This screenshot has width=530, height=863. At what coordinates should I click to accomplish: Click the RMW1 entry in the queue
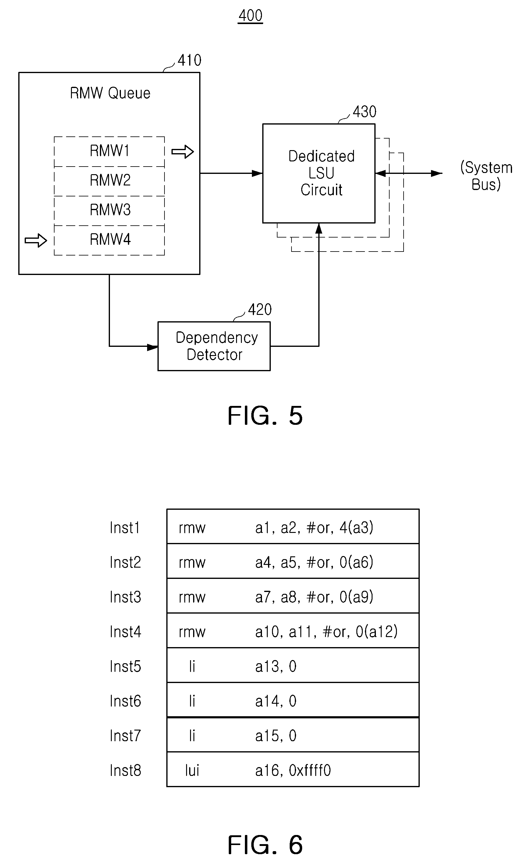click(x=109, y=151)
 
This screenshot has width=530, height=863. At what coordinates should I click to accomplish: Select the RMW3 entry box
click(x=109, y=211)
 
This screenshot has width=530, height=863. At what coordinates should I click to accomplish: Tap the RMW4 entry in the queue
click(x=109, y=240)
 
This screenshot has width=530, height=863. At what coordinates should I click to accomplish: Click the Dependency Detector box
click(x=214, y=346)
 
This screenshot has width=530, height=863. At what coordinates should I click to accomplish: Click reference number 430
click(x=365, y=112)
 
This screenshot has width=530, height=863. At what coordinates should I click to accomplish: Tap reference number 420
click(x=260, y=310)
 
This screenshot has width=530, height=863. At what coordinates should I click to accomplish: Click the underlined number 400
click(x=250, y=16)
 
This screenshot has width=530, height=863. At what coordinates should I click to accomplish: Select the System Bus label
click(x=486, y=176)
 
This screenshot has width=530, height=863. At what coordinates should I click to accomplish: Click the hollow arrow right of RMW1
click(x=182, y=152)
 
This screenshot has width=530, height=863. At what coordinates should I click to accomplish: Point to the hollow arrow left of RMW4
click(x=36, y=240)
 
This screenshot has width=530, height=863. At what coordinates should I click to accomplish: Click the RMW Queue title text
click(x=110, y=93)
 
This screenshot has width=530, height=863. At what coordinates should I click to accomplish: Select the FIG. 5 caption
click(x=265, y=416)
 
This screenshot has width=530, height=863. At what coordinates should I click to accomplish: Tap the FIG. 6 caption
click(x=265, y=844)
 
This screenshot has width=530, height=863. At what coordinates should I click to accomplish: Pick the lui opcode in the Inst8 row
click(x=192, y=770)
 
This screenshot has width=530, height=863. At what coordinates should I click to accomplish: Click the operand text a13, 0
click(x=276, y=666)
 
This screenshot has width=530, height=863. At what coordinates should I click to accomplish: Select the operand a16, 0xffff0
click(x=293, y=770)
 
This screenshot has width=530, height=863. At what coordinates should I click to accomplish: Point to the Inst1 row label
click(x=125, y=528)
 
